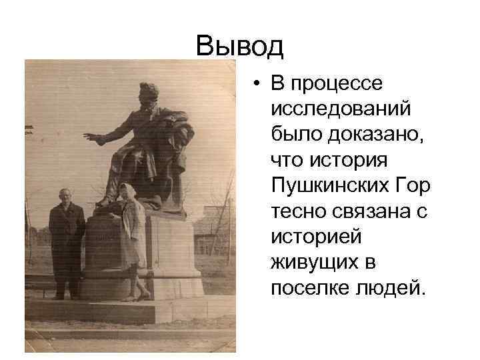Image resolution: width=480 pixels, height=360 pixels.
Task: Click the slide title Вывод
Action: (240, 46)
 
